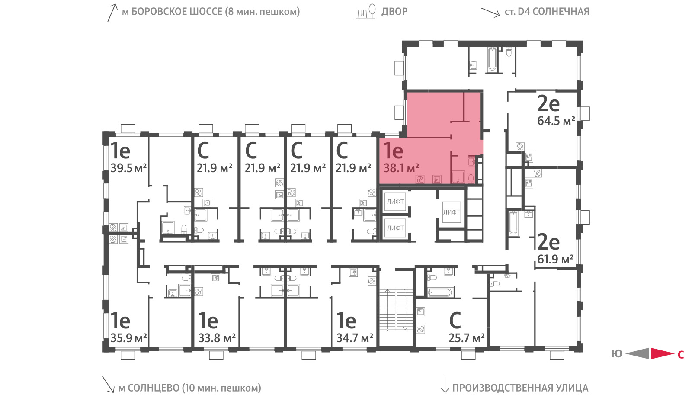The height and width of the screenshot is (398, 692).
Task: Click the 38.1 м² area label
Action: (401, 168)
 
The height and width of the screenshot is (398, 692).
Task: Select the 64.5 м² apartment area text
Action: (556, 121)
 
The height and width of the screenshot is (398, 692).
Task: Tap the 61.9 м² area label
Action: (555, 259)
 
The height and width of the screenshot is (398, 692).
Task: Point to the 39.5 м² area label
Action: (128, 168)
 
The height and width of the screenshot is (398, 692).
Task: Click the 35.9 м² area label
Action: (128, 338)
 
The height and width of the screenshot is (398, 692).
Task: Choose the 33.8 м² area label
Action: (217, 338)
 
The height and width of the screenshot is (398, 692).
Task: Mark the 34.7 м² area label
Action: (355, 338)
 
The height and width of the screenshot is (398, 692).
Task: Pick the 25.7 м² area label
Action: (467, 338)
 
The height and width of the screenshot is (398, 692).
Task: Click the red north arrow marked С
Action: (663, 353)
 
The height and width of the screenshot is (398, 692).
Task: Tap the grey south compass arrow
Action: (638, 353)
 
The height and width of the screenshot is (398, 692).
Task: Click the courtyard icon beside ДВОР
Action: (366, 11)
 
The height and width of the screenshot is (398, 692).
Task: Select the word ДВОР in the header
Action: (394, 12)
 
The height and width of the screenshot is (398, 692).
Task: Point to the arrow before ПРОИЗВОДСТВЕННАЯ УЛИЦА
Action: (445, 384)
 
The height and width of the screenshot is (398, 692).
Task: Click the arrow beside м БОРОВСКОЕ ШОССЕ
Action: (112, 13)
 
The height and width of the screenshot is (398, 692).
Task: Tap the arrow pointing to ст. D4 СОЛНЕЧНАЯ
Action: (490, 13)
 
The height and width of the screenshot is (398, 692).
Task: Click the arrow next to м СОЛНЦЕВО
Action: (108, 384)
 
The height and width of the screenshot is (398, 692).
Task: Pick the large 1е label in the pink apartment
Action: (393, 151)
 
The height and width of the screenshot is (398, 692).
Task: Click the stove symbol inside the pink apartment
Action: (420, 179)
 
